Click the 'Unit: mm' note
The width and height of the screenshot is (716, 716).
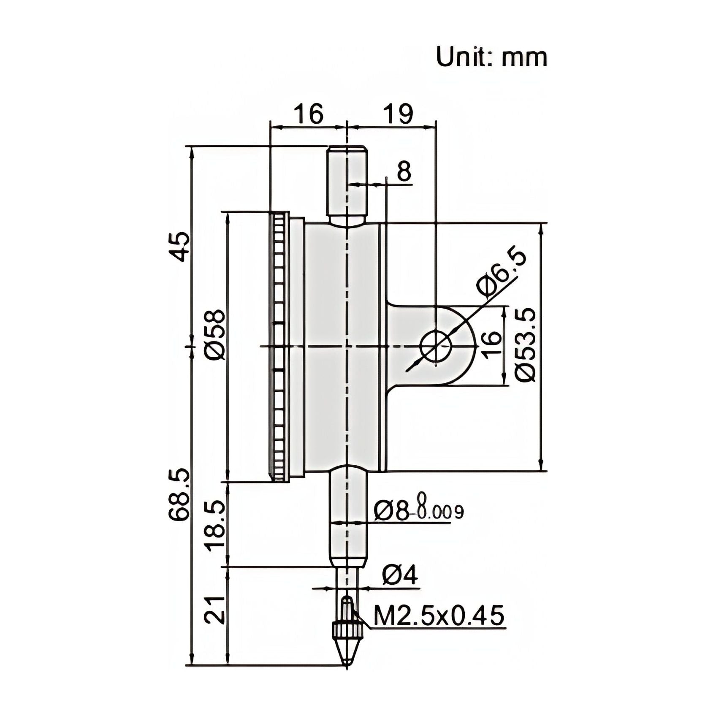491,57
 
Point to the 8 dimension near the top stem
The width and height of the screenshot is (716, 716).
404,172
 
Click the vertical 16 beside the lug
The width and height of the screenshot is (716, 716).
492,344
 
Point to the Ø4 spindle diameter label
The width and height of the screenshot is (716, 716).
400,575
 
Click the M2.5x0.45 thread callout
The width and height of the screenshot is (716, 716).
439,615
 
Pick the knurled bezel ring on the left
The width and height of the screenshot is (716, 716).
279,346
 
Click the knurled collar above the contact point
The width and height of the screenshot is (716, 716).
347,630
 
